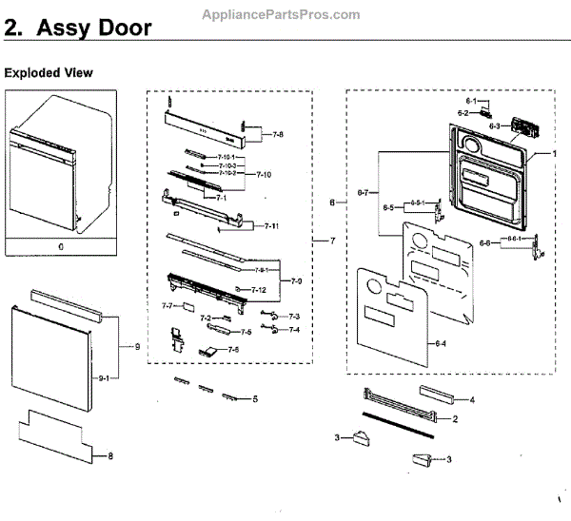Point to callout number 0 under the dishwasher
[62, 245]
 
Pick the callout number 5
[255, 397]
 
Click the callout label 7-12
[259, 289]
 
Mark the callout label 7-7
[167, 306]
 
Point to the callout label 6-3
[494, 125]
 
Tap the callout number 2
[455, 418]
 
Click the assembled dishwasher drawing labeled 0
[57, 166]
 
